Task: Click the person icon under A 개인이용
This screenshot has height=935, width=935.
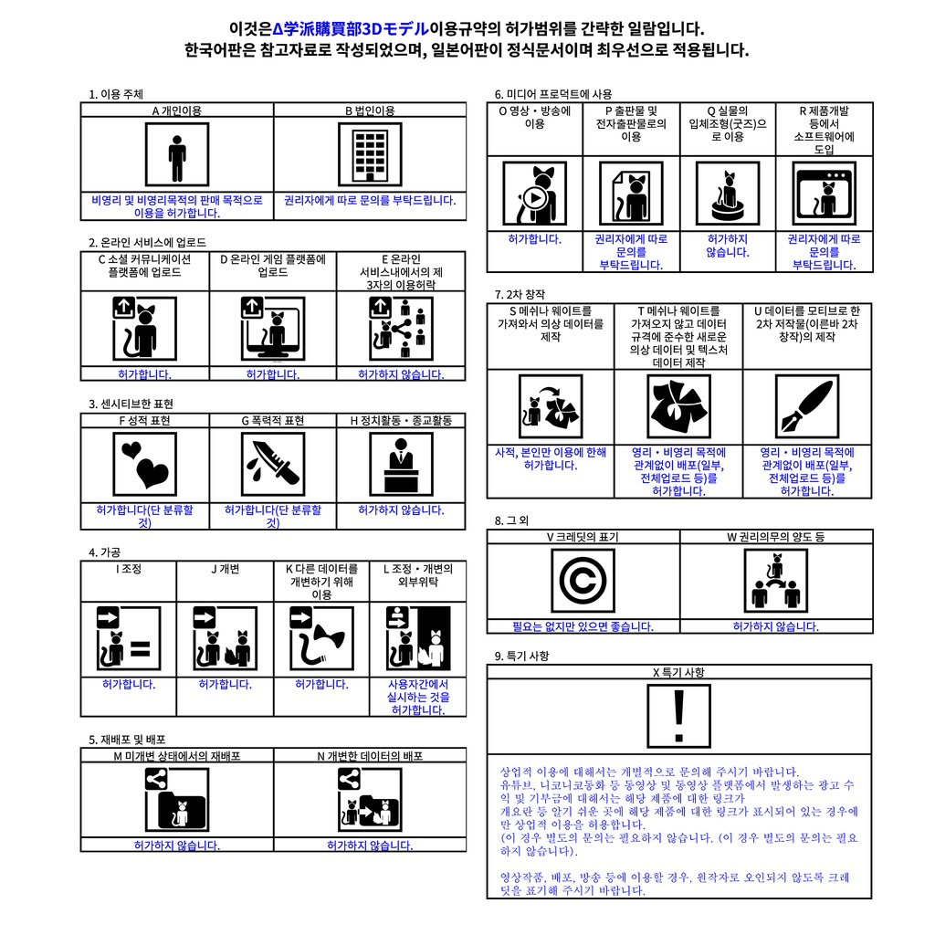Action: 177,154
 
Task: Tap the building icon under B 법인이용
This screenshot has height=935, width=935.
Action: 370,154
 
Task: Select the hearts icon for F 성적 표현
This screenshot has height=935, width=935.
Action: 144,463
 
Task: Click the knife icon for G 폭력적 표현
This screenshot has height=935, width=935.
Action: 273,463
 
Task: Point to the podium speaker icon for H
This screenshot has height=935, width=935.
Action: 401,463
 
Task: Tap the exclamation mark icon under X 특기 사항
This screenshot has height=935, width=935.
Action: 678,717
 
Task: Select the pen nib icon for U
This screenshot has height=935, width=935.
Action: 807,407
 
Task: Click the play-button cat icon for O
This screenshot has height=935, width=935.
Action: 534,193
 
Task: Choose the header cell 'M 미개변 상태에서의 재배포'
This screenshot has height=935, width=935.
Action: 177,756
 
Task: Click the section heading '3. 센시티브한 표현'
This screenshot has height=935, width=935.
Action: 131,404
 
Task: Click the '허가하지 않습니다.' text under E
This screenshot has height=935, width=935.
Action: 401,374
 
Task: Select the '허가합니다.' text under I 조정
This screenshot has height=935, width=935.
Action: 129,684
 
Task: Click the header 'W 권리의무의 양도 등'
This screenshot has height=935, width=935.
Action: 776,537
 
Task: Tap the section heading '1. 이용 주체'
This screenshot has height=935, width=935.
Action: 115,94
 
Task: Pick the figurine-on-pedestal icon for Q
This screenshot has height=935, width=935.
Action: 728,193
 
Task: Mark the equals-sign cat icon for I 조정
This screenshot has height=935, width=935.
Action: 129,638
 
